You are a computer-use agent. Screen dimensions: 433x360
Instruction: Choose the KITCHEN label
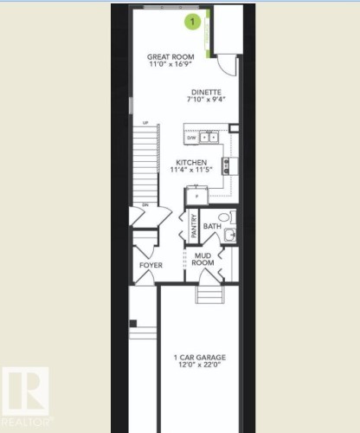[191, 162]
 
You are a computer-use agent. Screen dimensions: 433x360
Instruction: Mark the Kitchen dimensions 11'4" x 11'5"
[191, 171]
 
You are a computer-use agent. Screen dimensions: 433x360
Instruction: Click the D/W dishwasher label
[191, 137]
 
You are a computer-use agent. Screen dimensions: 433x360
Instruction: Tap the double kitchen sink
[209, 137]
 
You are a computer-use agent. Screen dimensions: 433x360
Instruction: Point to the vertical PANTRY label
[194, 227]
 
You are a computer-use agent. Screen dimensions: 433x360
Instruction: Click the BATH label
[211, 226]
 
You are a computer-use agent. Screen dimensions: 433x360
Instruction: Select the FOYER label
[151, 265]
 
